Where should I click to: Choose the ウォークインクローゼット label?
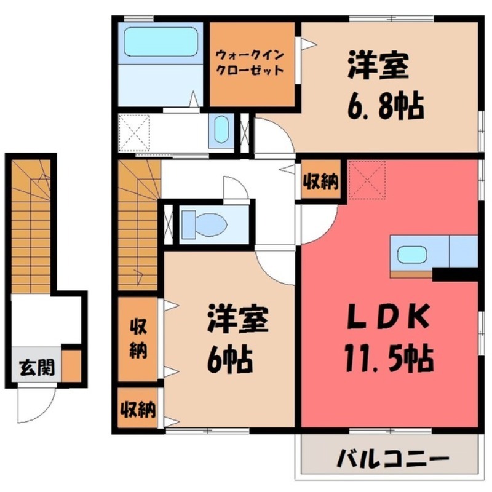[249, 63]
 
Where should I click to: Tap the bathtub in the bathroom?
[161, 42]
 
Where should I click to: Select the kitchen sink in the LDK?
[412, 253]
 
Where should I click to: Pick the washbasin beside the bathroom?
[221, 130]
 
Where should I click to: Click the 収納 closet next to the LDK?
[320, 181]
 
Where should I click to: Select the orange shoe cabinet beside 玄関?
[71, 366]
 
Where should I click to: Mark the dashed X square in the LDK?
[367, 180]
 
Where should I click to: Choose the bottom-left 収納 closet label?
[138, 408]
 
